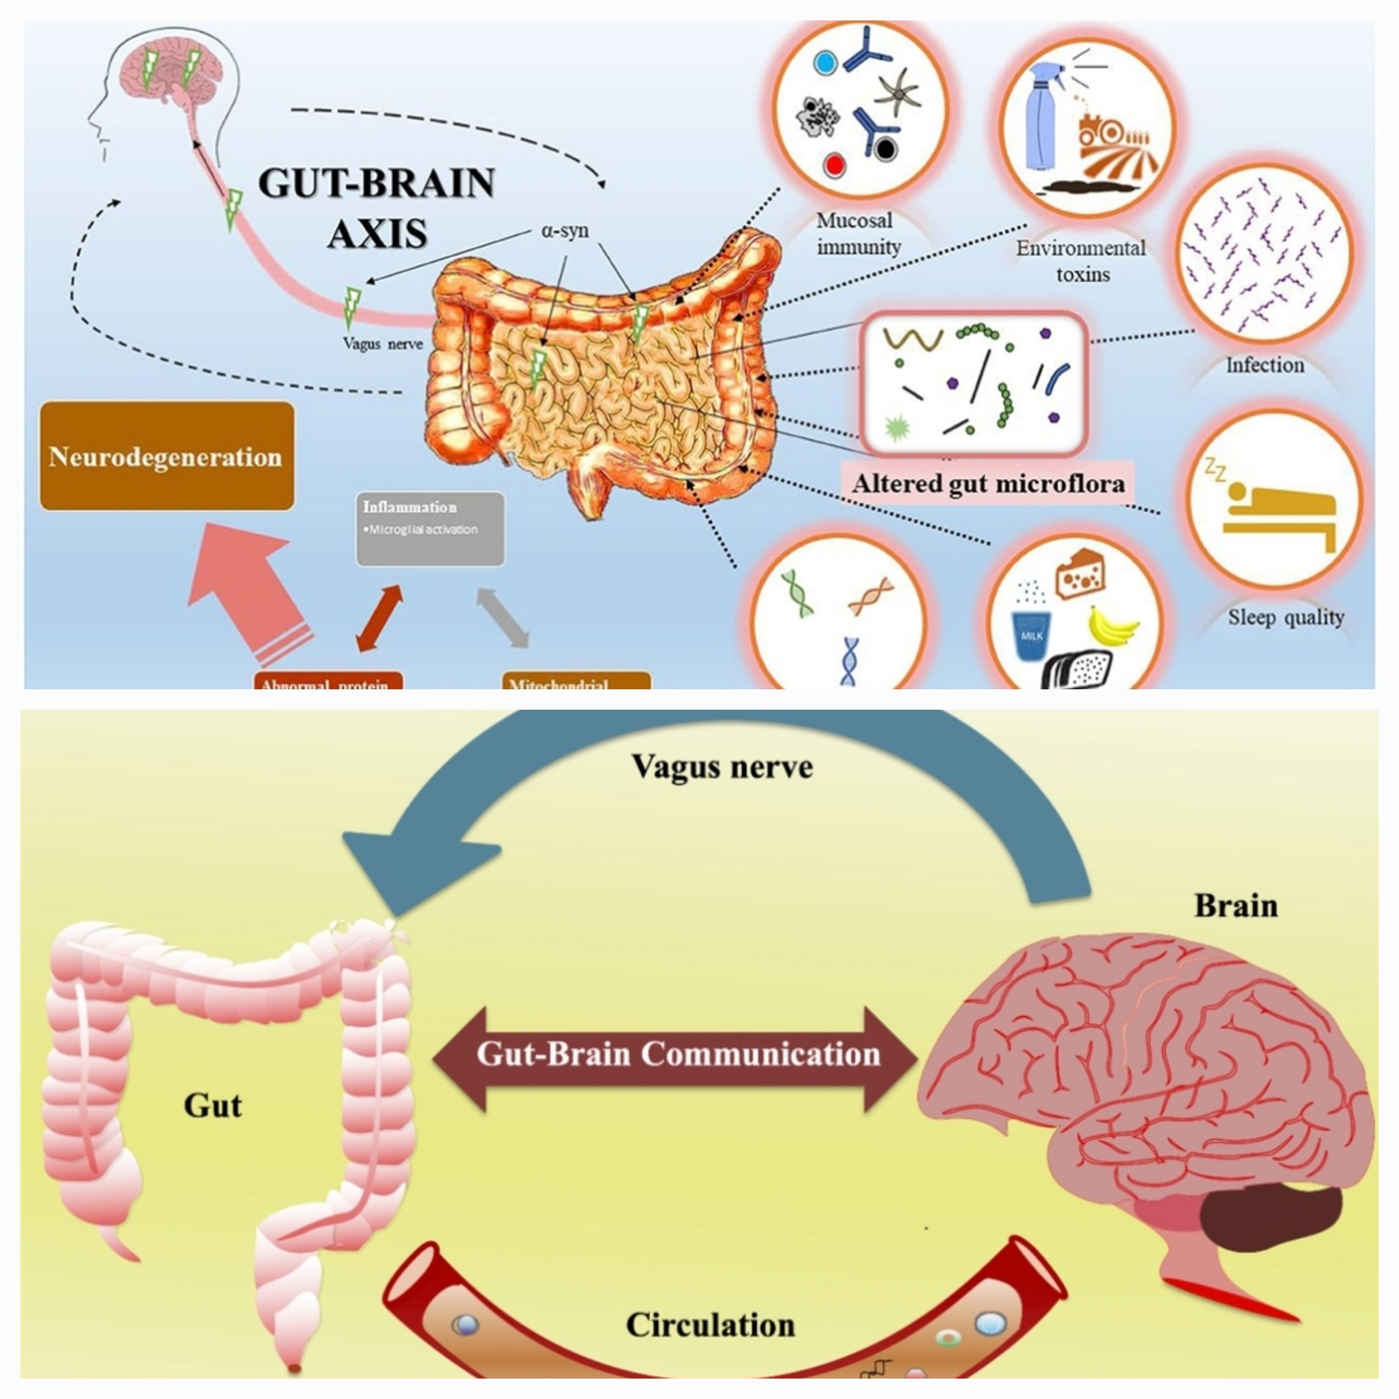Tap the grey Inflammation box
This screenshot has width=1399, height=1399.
[430, 529]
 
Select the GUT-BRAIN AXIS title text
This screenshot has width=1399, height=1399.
[376, 208]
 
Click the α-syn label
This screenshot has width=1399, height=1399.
[565, 231]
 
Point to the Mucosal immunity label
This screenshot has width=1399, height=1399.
[857, 233]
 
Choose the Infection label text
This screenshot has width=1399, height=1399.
[1264, 365]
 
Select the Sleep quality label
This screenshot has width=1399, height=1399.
[1286, 617]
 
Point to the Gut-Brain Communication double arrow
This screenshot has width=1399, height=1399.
[677, 1054]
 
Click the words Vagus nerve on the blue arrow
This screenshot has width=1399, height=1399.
[722, 766]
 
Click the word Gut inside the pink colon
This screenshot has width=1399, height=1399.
[212, 1105]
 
